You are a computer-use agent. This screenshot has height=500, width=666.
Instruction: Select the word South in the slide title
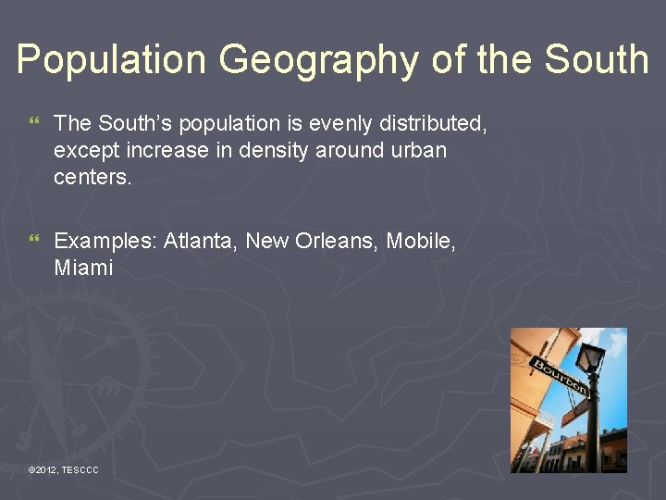(x=597, y=60)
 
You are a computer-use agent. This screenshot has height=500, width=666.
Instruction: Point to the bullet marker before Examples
(x=35, y=242)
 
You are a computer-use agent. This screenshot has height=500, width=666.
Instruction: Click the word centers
(x=92, y=177)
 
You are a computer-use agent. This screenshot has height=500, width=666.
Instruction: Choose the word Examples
(x=105, y=242)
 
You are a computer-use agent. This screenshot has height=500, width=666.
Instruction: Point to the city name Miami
(x=83, y=269)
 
